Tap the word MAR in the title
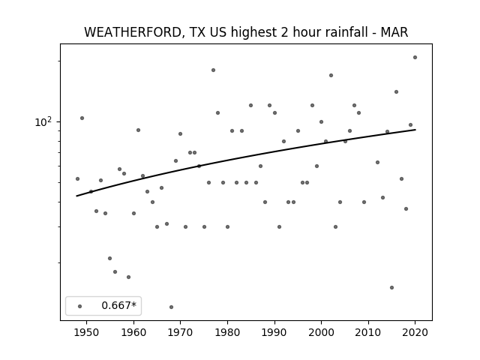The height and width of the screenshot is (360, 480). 394,32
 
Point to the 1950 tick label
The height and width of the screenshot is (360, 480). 87,332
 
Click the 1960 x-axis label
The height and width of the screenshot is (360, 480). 133,332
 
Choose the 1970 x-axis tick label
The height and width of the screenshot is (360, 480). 181,332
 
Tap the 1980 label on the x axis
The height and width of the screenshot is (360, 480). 227,332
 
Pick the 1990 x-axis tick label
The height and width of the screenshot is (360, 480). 274,332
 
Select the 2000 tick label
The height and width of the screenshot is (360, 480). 322,332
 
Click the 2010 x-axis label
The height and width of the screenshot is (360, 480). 368,332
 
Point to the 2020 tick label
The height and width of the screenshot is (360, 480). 415,332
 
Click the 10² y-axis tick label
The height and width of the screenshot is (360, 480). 43,121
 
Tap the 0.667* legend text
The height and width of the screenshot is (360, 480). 118,305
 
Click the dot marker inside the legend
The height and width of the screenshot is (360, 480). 80,306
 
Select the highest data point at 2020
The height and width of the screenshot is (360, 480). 415,57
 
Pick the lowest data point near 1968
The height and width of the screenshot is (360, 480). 172,307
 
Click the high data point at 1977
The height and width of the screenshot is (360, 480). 213,70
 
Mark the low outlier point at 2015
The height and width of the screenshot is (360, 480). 391,287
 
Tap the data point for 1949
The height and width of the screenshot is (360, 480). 82,118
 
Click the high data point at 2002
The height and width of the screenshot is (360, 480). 331,75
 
